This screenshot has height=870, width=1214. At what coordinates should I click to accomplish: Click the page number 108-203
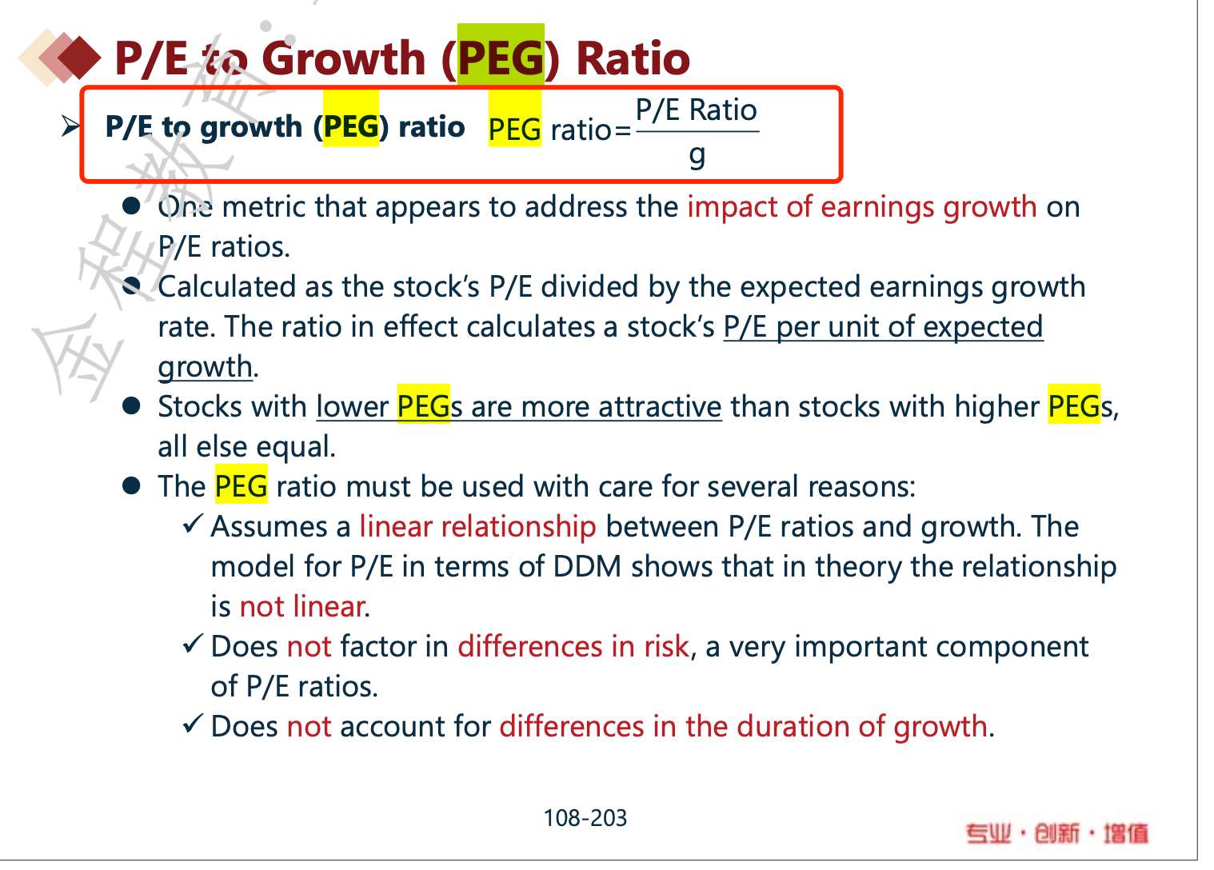[x=585, y=818]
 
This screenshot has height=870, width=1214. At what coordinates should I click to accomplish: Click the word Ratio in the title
[x=633, y=58]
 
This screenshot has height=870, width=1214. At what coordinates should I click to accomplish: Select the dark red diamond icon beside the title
[x=79, y=57]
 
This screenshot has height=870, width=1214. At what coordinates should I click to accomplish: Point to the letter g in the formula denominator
[x=697, y=156]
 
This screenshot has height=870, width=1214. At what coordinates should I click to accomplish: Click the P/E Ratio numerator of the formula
[x=697, y=110]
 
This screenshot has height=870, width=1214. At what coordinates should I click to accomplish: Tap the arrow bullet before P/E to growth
[x=70, y=126]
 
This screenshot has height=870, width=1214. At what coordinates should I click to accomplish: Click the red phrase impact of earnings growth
[x=862, y=208]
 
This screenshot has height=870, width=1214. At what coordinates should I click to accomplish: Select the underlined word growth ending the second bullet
[x=206, y=368]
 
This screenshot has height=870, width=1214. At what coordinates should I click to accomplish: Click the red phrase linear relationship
[x=477, y=526]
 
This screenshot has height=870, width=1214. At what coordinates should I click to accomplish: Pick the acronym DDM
[x=587, y=566]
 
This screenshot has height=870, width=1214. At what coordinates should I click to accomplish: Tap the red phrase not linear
[x=304, y=606]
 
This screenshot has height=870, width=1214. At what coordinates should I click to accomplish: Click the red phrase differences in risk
[x=573, y=646]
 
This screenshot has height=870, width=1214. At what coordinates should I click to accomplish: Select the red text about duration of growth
[x=744, y=726]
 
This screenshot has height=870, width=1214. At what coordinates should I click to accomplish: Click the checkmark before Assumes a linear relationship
[x=193, y=525]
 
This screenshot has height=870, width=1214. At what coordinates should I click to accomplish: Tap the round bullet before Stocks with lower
[x=131, y=406]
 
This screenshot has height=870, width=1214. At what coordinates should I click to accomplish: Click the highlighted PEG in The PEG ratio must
[x=242, y=485]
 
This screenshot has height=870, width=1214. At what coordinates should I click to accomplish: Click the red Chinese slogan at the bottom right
[x=1057, y=833]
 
